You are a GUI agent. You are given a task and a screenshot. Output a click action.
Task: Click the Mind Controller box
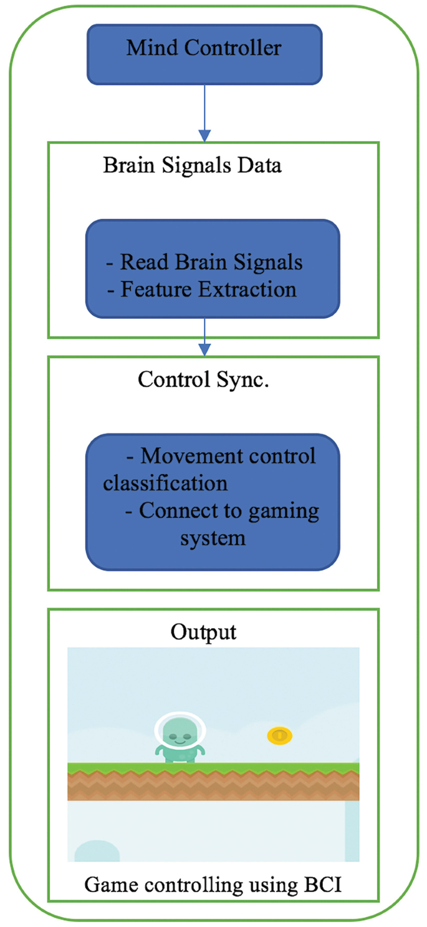(204, 54)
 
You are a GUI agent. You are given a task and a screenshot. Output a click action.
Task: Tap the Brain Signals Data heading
(192, 166)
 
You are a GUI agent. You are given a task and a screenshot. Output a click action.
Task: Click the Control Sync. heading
(203, 380)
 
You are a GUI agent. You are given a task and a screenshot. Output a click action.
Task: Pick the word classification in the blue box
(165, 483)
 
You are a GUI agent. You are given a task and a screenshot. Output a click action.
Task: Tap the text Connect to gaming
(222, 510)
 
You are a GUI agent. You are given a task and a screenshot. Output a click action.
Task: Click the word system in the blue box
(213, 538)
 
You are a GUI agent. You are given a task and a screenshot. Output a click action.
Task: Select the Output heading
(203, 632)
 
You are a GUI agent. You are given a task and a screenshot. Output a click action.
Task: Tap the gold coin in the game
(280, 735)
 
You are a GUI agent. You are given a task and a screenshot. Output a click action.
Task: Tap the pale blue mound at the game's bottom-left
(97, 852)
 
